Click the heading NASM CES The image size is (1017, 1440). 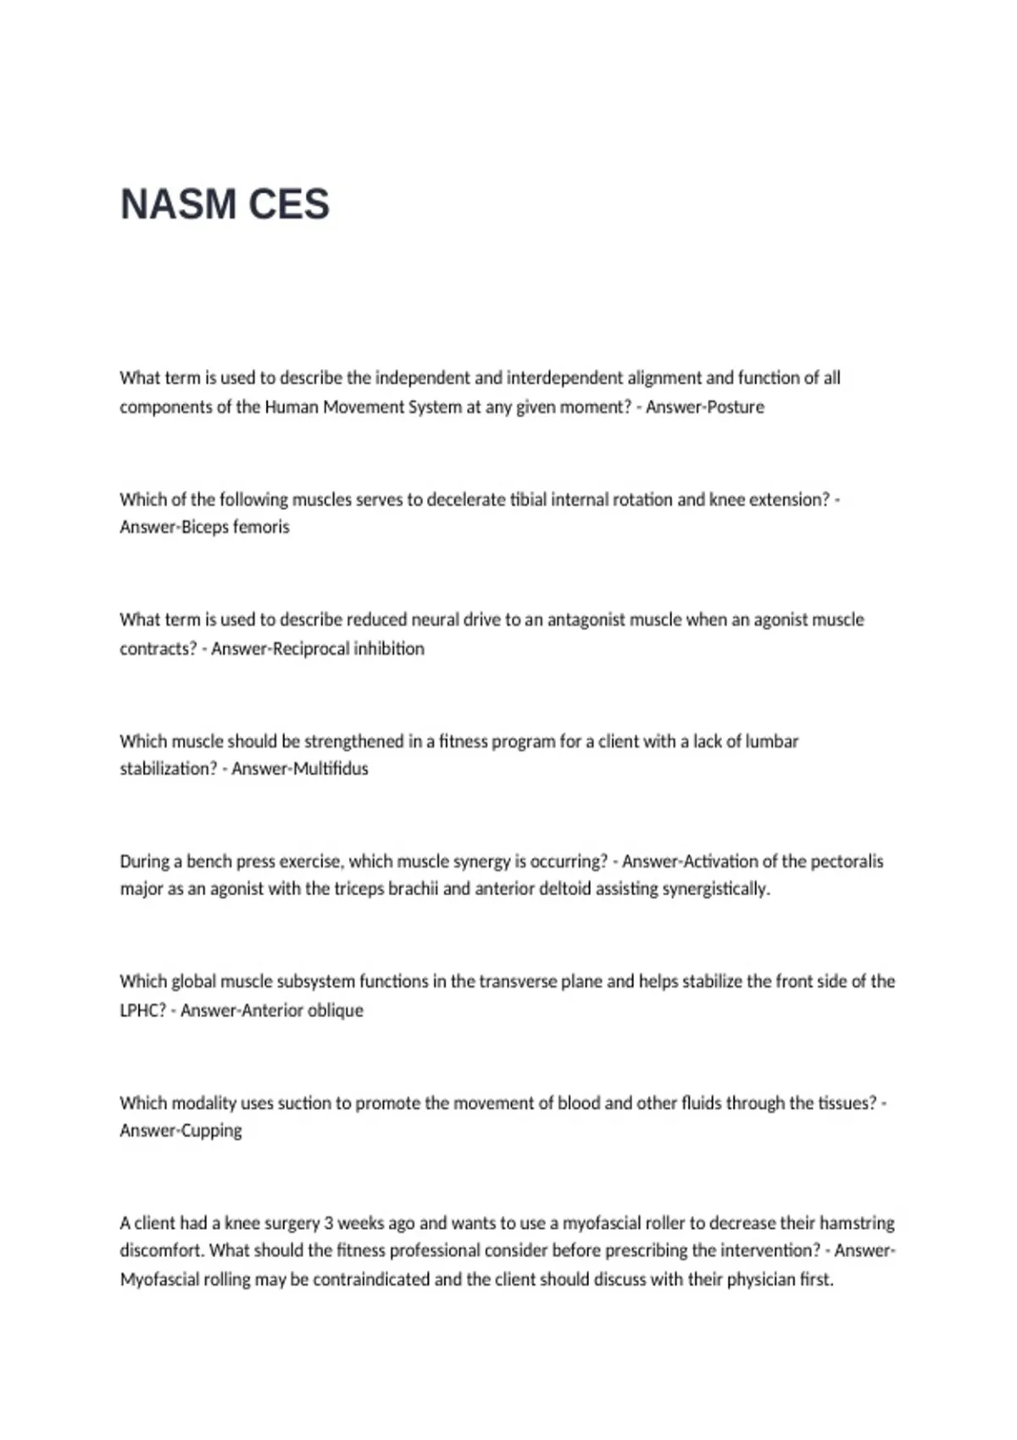[225, 204]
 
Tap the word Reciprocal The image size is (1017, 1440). [311, 649]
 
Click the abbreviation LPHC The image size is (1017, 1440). [142, 1011]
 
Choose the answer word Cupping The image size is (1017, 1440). [212, 1131]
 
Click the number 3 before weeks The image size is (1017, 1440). [329, 1223]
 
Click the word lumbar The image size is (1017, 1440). [771, 741]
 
